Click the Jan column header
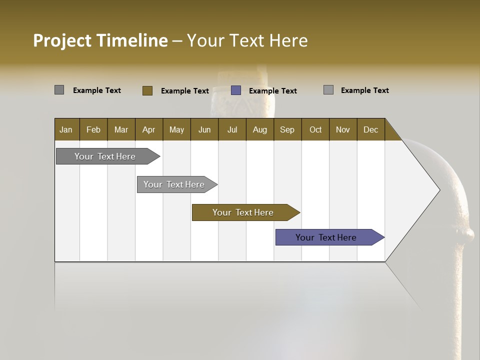66,129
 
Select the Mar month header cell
121,129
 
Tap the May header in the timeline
176,129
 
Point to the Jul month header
232,129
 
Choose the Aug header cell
259,129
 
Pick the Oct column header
315,129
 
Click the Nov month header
342,129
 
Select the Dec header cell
370,129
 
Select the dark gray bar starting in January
105,156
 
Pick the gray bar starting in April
174,184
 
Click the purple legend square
236,90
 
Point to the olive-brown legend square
147,90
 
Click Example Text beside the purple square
272,91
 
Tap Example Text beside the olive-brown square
184,91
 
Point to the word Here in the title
288,40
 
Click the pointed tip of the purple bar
382,237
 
